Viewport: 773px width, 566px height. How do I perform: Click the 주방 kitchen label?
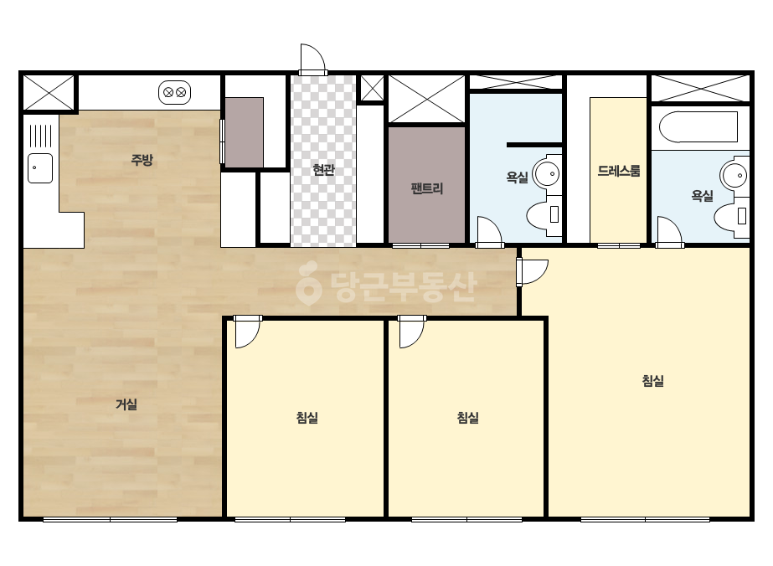pos(142,160)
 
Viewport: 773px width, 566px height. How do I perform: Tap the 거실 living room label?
pos(126,404)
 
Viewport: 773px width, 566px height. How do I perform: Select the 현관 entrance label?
pos(324,170)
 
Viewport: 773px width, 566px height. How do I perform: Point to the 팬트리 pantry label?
pos(427,188)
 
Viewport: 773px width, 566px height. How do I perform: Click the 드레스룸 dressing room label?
pos(619,171)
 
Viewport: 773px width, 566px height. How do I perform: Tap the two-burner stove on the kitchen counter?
pos(174,92)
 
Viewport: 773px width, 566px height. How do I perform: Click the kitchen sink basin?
pos(40,168)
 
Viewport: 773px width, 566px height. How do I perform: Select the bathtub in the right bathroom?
pos(698,126)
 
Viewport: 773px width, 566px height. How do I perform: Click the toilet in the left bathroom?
pos(544,215)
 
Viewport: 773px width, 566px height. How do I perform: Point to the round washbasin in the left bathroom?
pos(547,173)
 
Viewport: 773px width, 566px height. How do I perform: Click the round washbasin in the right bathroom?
pos(734,175)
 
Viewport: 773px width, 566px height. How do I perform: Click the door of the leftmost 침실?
pos(248,332)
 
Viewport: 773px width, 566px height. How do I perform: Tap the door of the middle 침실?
pos(412,332)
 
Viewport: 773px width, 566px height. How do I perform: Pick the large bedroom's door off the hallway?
pos(532,271)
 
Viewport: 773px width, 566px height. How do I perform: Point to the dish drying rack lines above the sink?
pos(40,136)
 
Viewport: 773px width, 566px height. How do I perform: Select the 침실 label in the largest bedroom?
pos(652,381)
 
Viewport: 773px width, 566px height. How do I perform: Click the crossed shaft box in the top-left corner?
pos(49,93)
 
